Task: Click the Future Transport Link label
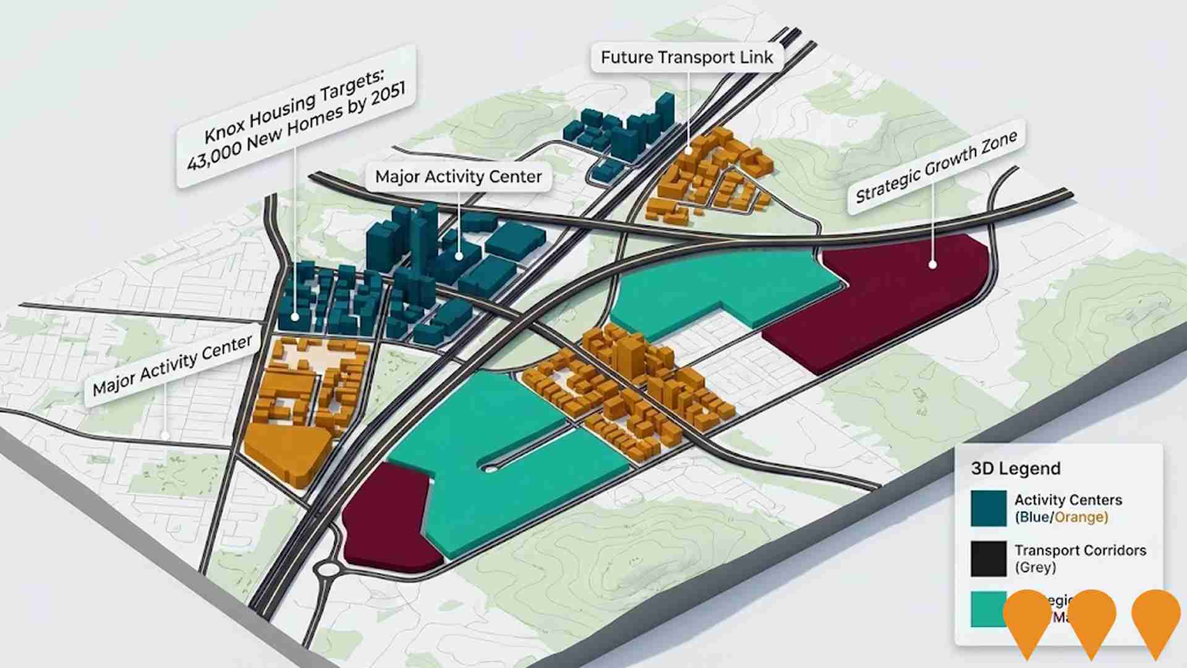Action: (686, 58)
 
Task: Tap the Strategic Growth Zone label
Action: (936, 168)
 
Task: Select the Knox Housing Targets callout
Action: (296, 118)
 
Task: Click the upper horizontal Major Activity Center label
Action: (458, 177)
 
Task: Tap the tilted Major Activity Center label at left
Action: (172, 365)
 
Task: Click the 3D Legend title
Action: (1015, 468)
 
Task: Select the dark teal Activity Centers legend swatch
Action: (988, 508)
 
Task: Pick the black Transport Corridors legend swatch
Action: (988, 559)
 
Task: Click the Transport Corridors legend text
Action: (1079, 550)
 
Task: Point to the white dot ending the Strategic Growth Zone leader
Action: (932, 265)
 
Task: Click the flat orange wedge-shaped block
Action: (287, 452)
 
